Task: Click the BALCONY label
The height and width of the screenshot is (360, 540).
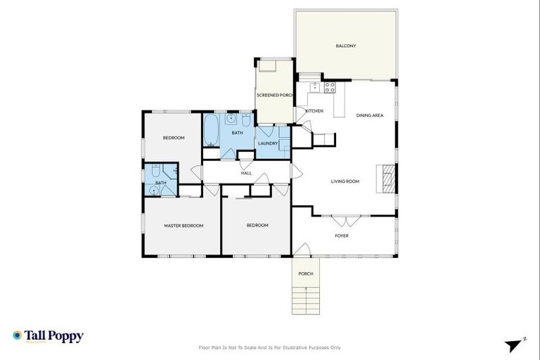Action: click(345, 46)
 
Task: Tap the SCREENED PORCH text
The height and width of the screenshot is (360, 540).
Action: click(274, 94)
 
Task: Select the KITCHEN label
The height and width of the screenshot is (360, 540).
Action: click(314, 111)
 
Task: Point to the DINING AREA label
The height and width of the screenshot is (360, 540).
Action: click(369, 115)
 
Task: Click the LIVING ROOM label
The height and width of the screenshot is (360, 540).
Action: click(345, 181)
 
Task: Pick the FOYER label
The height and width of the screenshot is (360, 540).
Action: click(341, 236)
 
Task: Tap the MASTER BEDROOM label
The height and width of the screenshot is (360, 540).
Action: click(184, 226)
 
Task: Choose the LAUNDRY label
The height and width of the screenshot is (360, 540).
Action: click(268, 143)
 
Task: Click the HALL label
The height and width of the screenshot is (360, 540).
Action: click(246, 173)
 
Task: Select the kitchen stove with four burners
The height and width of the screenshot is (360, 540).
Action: click(330, 88)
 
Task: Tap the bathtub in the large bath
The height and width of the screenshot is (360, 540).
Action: click(212, 131)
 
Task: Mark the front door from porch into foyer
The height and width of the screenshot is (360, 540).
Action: click(302, 250)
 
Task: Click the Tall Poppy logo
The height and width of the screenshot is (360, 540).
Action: click(48, 336)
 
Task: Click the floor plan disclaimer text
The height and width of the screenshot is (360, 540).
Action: click(270, 347)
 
